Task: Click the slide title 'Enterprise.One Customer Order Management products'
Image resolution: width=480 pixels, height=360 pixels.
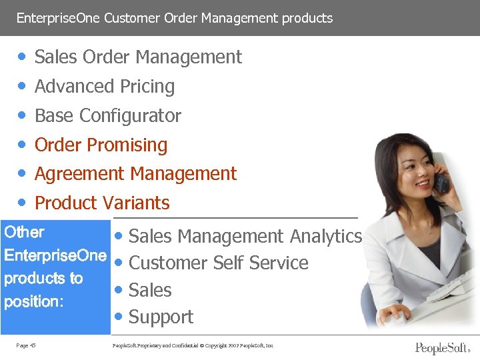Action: click(174, 18)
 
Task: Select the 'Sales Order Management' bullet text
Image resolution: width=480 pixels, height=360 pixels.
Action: click(138, 57)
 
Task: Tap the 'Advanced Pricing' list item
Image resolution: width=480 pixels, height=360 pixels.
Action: click(105, 87)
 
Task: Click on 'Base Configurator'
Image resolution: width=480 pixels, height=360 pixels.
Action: click(107, 116)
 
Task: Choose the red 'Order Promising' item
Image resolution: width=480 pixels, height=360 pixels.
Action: click(101, 145)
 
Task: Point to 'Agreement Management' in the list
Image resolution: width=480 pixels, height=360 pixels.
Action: click(135, 174)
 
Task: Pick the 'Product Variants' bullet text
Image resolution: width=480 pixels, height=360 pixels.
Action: click(102, 203)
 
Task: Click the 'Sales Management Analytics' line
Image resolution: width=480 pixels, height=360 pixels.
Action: click(245, 236)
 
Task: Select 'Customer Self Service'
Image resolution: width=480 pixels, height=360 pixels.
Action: click(218, 263)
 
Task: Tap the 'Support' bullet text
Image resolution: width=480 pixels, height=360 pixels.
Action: click(161, 317)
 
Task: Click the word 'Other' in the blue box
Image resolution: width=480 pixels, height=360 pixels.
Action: click(24, 233)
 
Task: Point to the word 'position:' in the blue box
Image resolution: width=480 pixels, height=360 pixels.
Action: click(33, 301)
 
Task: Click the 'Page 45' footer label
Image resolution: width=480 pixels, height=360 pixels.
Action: click(27, 345)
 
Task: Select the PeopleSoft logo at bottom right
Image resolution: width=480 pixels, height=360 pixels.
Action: click(442, 348)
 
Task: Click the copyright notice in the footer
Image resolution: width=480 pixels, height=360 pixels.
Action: click(194, 345)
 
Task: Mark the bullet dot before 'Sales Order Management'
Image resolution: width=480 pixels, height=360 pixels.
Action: click(23, 57)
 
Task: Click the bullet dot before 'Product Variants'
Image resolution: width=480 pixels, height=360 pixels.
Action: click(23, 203)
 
